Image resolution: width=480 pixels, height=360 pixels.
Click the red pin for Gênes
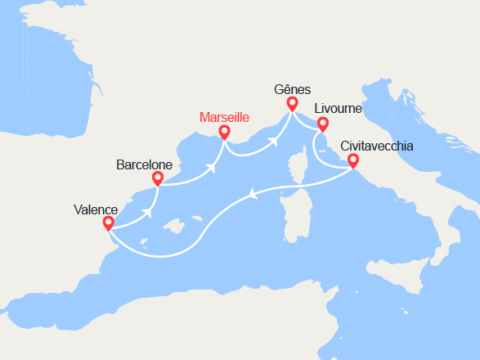(x=292, y=104)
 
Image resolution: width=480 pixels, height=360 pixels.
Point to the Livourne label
(x=338, y=108)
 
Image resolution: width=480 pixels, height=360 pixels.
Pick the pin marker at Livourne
(x=323, y=124)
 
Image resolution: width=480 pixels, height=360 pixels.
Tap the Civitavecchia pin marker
(x=353, y=161)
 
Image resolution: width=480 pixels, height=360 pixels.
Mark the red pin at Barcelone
(x=158, y=178)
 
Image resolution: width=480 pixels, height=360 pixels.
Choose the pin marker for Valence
(x=109, y=223)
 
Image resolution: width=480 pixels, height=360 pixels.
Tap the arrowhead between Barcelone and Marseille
(x=213, y=169)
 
